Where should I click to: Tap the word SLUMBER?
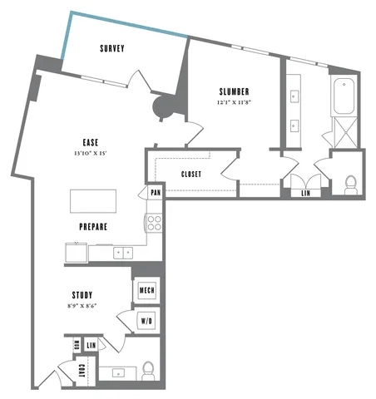click(x=235, y=91)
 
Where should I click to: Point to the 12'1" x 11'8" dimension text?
click(x=235, y=102)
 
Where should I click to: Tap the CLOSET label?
click(x=193, y=174)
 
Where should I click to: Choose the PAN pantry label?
click(x=155, y=193)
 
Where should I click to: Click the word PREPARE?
click(x=93, y=225)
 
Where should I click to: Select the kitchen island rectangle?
click(x=93, y=201)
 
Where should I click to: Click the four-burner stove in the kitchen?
click(x=154, y=222)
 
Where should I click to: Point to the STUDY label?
click(x=82, y=295)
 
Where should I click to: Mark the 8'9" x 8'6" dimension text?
click(x=82, y=306)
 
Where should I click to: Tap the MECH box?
click(x=147, y=290)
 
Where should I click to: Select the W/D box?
click(x=147, y=320)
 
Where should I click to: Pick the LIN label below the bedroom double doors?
click(x=305, y=193)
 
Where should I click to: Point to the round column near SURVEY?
click(x=163, y=106)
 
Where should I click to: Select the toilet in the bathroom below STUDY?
click(x=149, y=369)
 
